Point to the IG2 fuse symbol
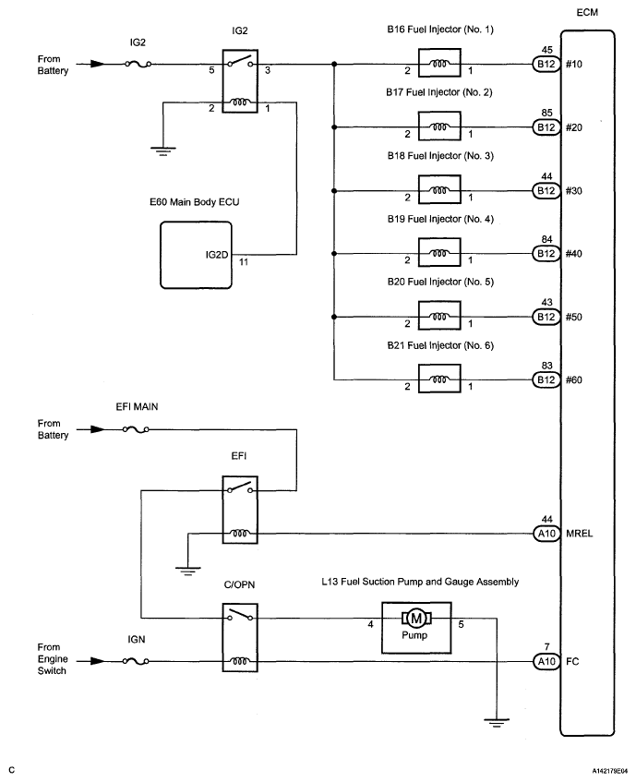[x=136, y=65]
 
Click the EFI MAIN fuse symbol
[x=136, y=429]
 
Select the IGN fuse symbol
[x=136, y=661]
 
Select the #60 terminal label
[x=575, y=379]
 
